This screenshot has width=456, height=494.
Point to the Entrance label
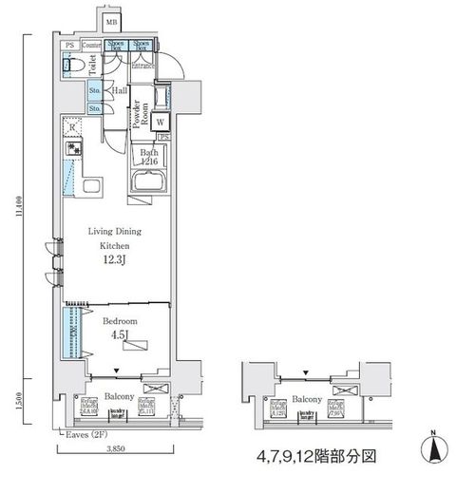pyautogui.click(x=144, y=66)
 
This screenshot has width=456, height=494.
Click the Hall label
pyautogui.click(x=120, y=90)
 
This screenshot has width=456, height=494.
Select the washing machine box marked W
pyautogui.click(x=161, y=123)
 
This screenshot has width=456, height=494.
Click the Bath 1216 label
pyautogui.click(x=148, y=158)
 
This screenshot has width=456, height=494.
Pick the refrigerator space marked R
pyautogui.click(x=73, y=126)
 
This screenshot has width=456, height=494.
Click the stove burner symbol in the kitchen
pyautogui.click(x=71, y=149)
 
